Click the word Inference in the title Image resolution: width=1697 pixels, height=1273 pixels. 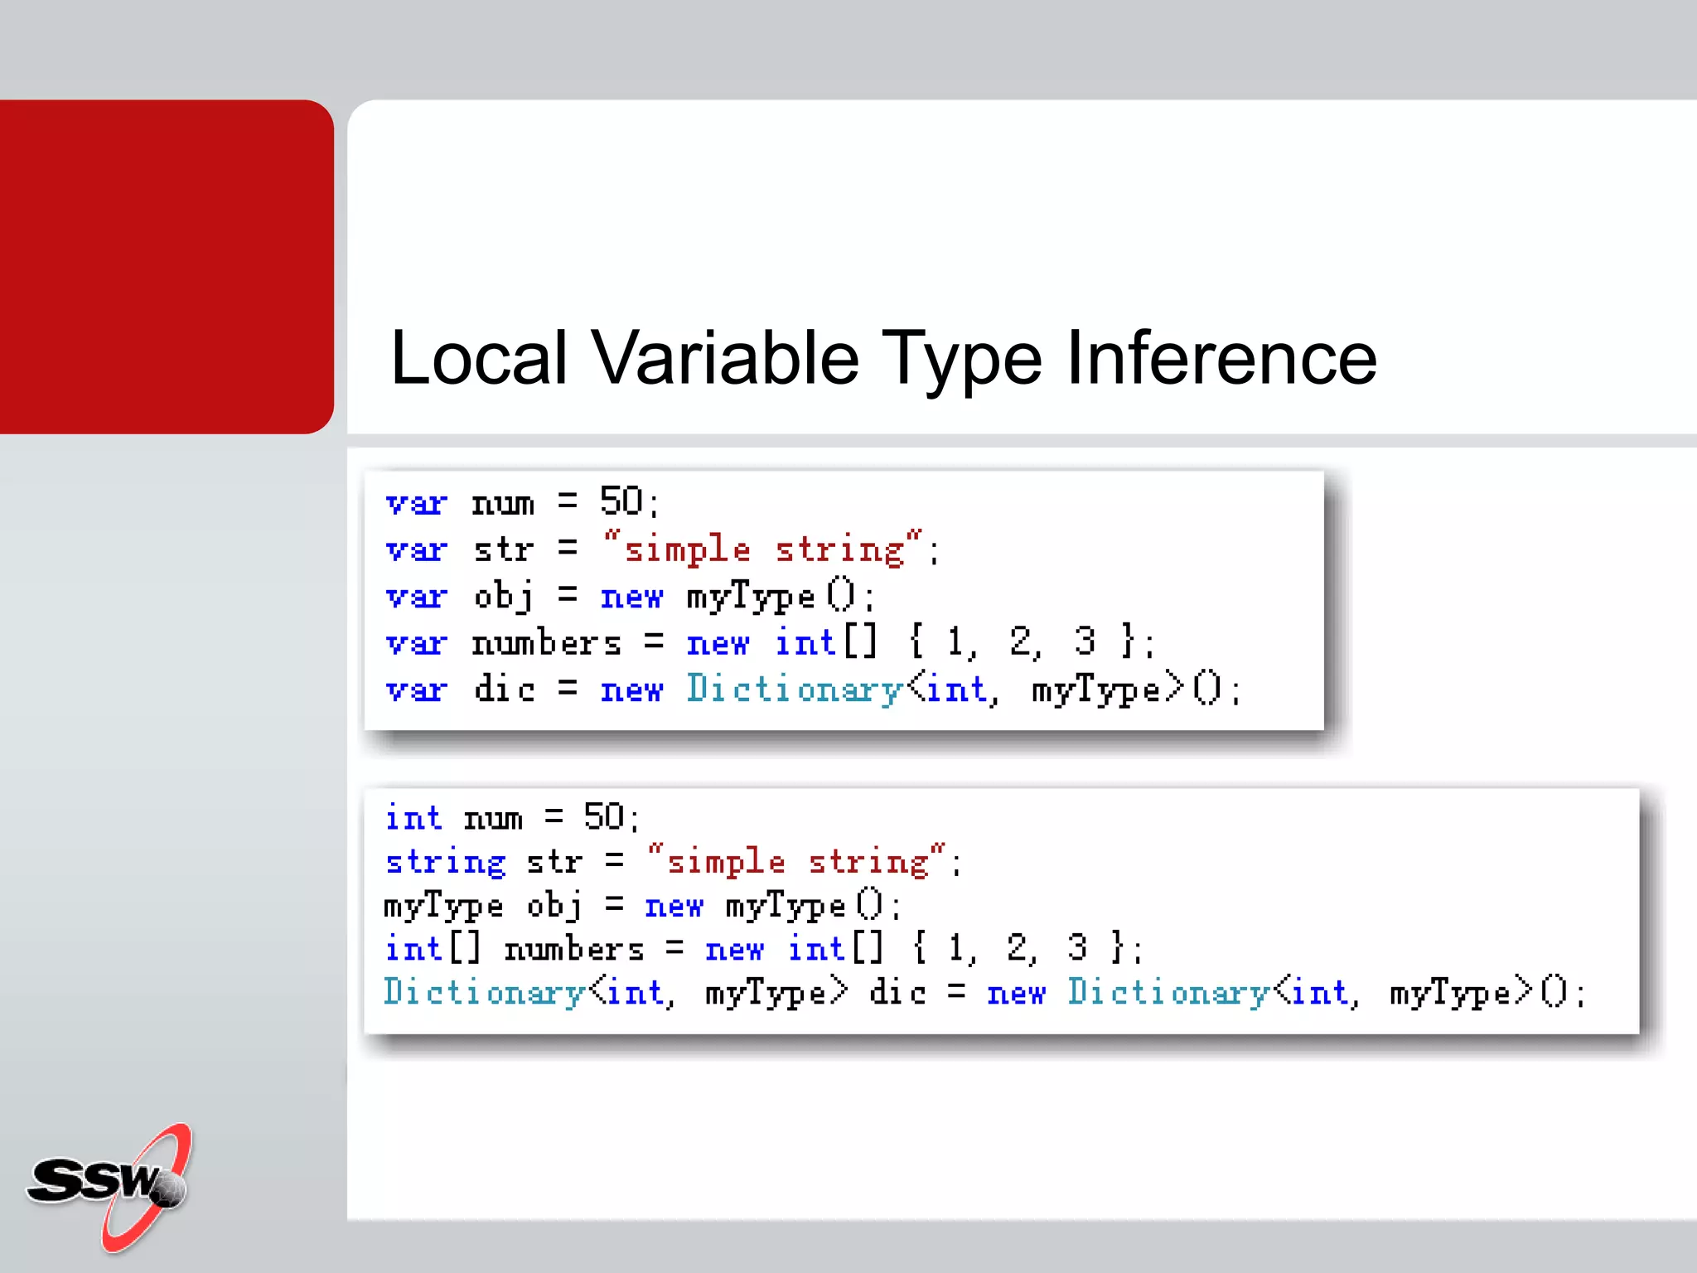1221,358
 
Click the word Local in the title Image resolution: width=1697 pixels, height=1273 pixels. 479,358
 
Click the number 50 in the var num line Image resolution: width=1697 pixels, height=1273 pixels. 621,501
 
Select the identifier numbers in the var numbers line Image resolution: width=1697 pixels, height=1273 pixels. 546,643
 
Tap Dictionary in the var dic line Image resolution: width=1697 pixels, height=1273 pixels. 794,690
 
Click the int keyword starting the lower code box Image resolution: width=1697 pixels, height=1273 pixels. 413,818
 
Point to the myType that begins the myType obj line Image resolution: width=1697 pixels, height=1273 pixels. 443,907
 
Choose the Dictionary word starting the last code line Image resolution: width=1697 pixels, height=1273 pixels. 484,993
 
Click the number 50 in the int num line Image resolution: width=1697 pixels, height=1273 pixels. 603,817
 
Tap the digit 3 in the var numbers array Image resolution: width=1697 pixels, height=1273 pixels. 1084,641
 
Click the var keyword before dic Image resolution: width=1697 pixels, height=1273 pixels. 416,690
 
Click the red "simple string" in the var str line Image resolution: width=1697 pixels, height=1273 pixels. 763,549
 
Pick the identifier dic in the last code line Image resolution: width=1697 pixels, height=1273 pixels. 897,993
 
